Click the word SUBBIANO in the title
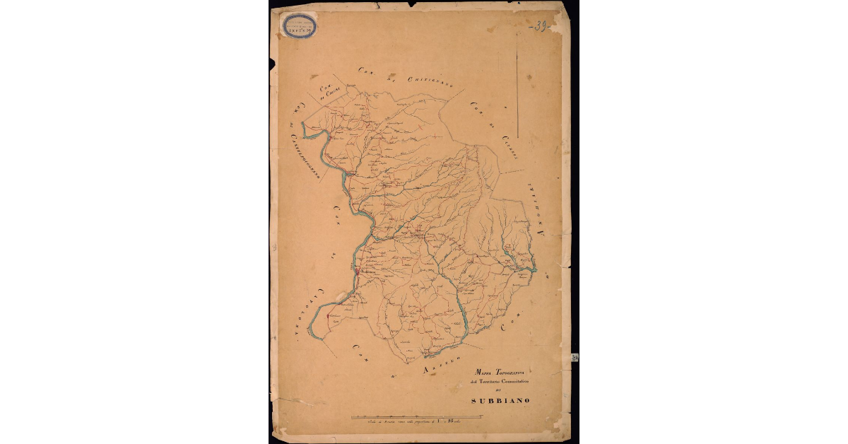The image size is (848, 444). (502, 402)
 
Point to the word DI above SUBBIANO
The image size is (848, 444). (502, 392)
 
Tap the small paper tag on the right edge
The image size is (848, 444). (575, 358)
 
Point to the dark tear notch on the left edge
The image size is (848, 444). (272, 66)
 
